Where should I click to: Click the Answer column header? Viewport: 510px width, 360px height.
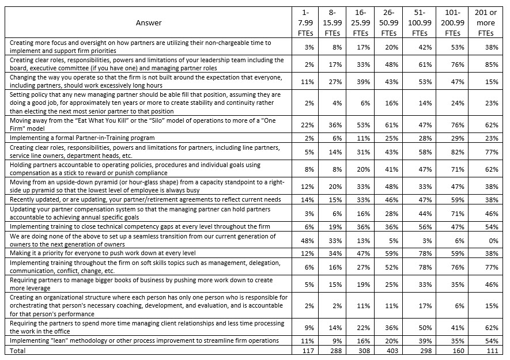point(149,22)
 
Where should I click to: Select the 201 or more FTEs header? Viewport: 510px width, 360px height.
point(484,22)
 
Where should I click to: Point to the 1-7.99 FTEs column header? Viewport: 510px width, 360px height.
point(309,22)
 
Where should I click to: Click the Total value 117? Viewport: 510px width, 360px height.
point(309,350)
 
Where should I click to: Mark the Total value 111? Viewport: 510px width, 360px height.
point(484,350)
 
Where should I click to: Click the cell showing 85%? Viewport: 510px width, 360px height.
point(484,64)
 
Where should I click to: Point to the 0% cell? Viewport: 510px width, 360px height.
point(484,240)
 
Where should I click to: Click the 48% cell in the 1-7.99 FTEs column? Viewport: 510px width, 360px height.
point(309,240)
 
